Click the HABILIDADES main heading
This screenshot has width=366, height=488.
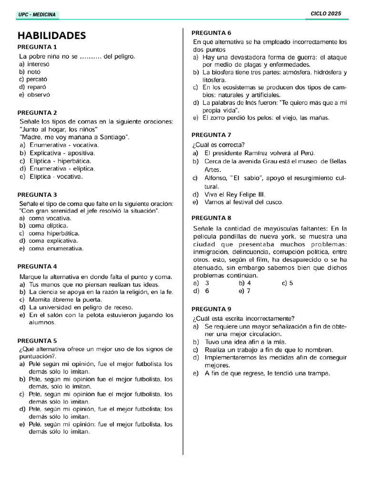pos(52,36)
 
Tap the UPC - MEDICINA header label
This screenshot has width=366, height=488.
pos(37,15)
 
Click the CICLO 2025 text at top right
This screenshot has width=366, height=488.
pos(326,14)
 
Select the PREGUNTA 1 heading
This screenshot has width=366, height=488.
pos(37,47)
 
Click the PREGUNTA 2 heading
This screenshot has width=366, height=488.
pos(37,113)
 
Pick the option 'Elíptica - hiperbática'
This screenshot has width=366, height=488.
pos(60,161)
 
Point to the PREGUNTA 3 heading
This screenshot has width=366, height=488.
pos(37,194)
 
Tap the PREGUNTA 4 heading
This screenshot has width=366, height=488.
pos(37,266)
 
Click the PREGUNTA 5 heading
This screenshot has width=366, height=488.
pos(37,340)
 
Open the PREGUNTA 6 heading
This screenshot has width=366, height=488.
pos(211,32)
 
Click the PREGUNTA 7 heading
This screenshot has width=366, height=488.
pos(211,135)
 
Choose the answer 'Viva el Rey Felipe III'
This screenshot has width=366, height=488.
pos(234,194)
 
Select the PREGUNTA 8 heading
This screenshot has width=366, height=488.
pos(211,217)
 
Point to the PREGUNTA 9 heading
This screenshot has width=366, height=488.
pos(211,308)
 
